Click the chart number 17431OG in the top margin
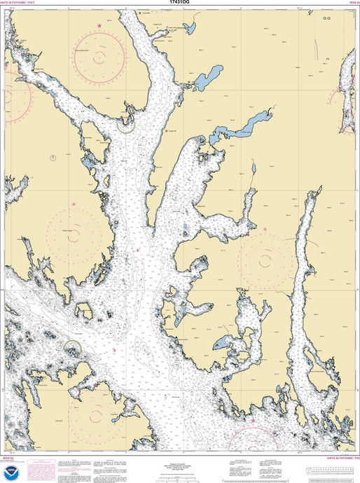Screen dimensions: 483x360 [x=180, y=3]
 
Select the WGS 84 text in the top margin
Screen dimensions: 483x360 [x=353, y=3]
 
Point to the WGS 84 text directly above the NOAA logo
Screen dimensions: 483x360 [x=7, y=456]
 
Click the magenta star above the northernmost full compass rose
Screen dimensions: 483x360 [x=99, y=26]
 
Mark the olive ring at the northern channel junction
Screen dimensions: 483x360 [x=126, y=125]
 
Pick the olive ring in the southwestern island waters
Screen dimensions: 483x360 [x=74, y=346]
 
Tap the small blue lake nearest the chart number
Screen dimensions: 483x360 [x=188, y=28]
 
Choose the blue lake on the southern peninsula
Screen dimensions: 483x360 [x=221, y=343]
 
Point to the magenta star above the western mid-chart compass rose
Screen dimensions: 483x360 [x=74, y=204]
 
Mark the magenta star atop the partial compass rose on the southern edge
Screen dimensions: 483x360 [x=253, y=421]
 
